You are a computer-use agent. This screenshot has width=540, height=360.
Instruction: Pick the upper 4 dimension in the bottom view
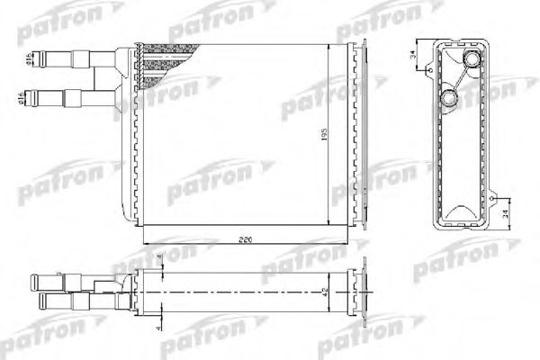point(158,262)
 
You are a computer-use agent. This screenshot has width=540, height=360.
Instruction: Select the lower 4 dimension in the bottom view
point(158,325)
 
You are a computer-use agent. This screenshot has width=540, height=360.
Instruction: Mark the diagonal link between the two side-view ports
point(460,80)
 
